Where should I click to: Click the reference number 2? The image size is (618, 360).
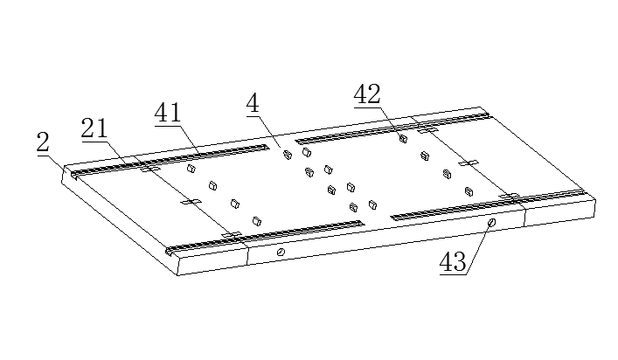[x=43, y=142]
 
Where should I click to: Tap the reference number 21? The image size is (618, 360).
[x=94, y=128]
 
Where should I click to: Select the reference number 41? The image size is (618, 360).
[x=168, y=113]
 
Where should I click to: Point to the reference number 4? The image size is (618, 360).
[x=253, y=104]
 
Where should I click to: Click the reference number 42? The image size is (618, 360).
[x=367, y=94]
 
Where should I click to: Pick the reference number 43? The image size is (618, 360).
[x=453, y=262]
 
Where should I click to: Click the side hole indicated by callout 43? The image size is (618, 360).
[x=491, y=223]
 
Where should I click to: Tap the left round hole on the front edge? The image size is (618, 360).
[x=281, y=252]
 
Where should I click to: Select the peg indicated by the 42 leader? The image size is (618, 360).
[x=403, y=138]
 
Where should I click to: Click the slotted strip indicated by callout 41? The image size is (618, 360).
[x=170, y=160]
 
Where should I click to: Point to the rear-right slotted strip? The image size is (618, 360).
[x=392, y=128]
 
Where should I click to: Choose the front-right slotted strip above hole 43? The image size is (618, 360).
[x=488, y=204]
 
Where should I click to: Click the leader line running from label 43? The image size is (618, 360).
[x=478, y=248]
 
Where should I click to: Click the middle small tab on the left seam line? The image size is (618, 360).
[x=191, y=202]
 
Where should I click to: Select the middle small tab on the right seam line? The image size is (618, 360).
[x=469, y=163]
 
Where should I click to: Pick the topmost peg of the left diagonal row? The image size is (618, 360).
[x=191, y=169]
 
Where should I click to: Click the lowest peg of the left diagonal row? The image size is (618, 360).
[x=257, y=221]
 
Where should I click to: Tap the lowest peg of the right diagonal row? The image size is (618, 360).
[x=469, y=191]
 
